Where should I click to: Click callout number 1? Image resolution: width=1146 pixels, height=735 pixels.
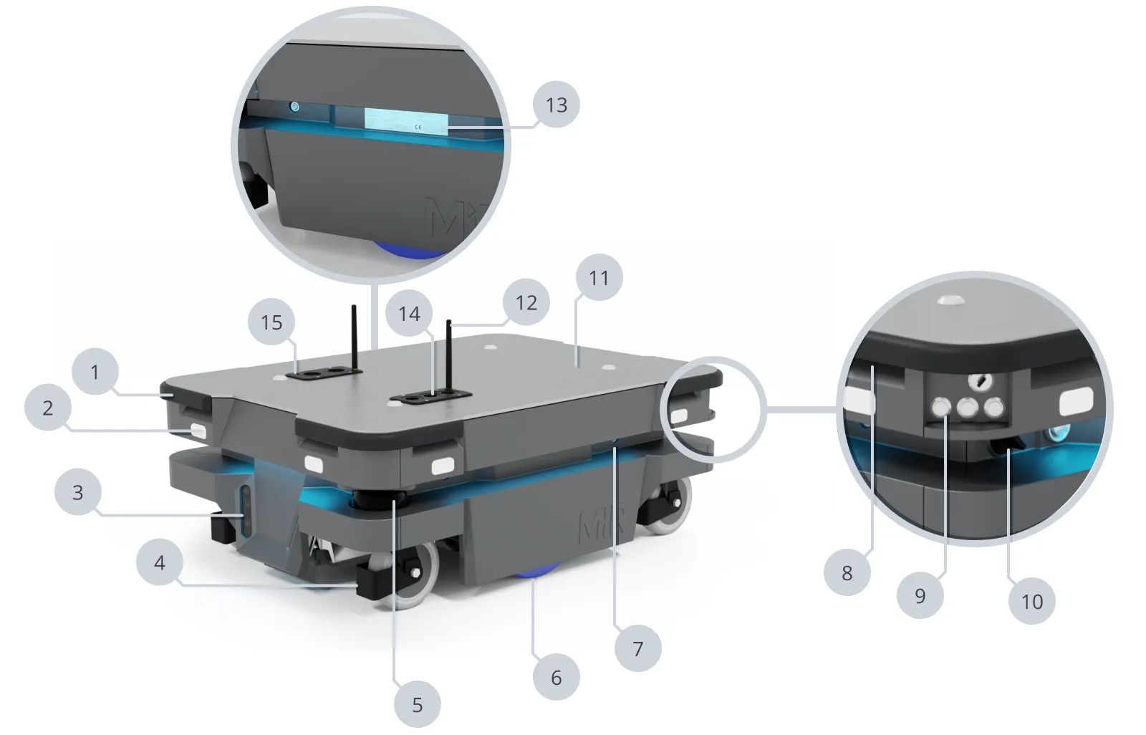coord(95,372)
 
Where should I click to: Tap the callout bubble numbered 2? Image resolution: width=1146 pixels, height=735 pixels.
coord(47,408)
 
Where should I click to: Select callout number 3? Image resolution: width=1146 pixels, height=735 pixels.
coord(77,492)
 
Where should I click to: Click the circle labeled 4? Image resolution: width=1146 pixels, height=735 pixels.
coord(159,562)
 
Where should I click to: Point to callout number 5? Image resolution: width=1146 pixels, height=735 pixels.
coord(417,705)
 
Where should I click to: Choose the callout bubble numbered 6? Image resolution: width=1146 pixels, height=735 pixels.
coord(556,678)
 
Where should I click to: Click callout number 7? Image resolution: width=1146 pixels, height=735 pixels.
coord(637,648)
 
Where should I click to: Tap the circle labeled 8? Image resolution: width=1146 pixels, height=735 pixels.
coord(847,572)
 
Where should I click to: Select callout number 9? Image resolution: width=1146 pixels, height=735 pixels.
coord(920,595)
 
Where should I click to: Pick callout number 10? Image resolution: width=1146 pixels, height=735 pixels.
coord(1031,601)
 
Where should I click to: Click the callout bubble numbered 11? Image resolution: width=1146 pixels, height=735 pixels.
coord(599,277)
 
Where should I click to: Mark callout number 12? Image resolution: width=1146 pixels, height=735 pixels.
coord(526,302)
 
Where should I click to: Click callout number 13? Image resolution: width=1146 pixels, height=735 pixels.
coord(556,105)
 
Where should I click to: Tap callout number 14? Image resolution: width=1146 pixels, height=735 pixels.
coord(409,313)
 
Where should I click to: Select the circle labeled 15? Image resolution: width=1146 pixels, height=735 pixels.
coord(271,322)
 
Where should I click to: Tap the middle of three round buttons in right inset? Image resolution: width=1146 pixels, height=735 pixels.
coord(967,408)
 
